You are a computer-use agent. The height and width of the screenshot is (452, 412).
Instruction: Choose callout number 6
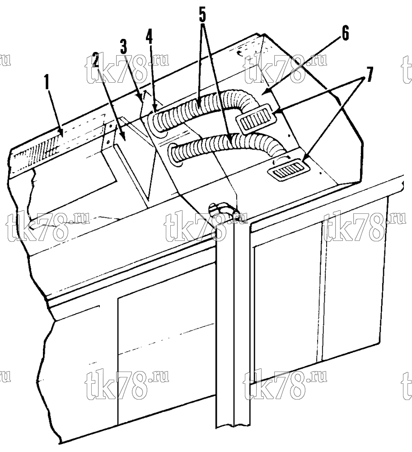(345, 33)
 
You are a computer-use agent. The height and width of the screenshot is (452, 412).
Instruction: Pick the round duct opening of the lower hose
(176, 155)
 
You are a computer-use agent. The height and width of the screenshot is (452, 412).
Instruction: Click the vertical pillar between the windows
(234, 331)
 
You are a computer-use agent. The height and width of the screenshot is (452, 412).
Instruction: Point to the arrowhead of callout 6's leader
(264, 92)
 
